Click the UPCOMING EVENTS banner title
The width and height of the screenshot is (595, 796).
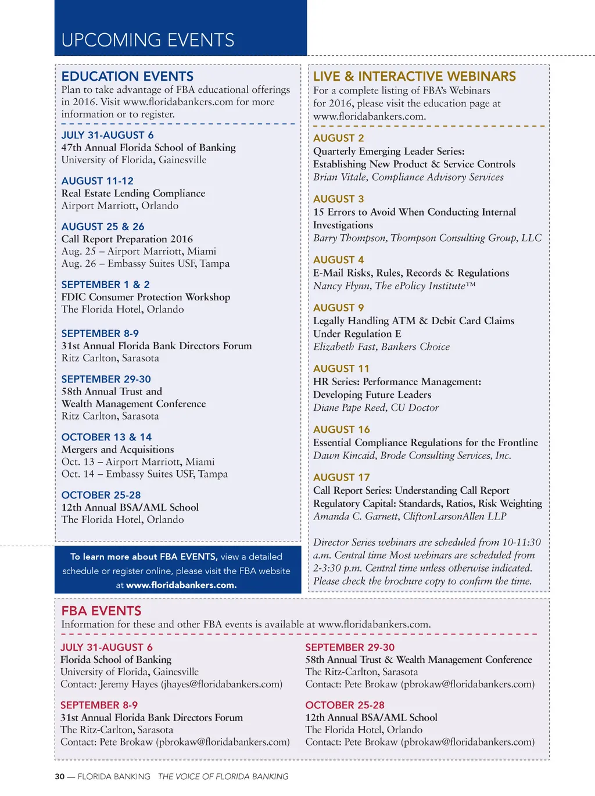[x=148, y=40]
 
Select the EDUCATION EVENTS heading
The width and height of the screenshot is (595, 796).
[x=127, y=76]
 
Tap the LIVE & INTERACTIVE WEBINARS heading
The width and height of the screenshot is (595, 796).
[x=414, y=76]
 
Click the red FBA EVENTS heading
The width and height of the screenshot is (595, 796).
[x=101, y=611]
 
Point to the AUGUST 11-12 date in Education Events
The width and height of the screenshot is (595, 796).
[x=97, y=181]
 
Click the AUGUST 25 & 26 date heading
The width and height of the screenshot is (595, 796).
[x=103, y=227]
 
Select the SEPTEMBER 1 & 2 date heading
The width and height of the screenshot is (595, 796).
[x=105, y=284]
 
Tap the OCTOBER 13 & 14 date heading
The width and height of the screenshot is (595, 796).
[x=106, y=437]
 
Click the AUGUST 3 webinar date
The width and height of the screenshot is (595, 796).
[x=338, y=199]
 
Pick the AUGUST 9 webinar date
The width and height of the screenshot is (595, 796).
[x=338, y=307]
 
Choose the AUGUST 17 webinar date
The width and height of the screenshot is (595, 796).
[x=341, y=477]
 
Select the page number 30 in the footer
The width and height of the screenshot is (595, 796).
[x=59, y=776]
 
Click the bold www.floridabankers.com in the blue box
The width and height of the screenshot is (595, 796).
[x=181, y=585]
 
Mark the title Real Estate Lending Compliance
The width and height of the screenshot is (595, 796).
[x=133, y=193]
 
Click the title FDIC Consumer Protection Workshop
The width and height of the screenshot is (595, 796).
[x=145, y=297]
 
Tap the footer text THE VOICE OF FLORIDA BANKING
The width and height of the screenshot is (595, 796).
[x=223, y=776]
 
